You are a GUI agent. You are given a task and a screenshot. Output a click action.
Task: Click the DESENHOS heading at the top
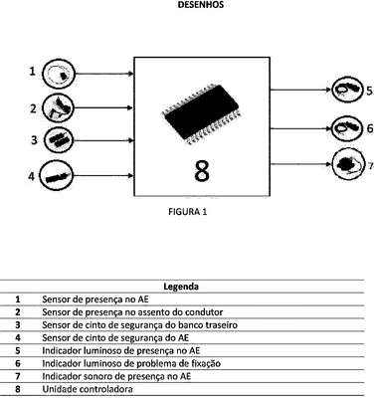[x=201, y=5]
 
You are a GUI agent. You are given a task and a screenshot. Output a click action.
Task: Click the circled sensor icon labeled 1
[x=59, y=74]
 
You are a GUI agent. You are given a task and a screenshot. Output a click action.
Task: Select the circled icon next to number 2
[x=59, y=107]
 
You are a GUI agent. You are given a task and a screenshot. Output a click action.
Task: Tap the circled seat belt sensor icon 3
[x=59, y=140]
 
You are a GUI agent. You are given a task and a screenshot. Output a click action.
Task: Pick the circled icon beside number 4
[x=56, y=176]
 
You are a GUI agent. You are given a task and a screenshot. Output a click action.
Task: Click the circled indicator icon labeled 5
[x=346, y=90]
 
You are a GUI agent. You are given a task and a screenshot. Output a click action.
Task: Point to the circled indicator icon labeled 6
[x=346, y=128]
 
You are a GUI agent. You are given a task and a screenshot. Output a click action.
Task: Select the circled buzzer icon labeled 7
[x=347, y=164]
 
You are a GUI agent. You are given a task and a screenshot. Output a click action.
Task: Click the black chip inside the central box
[x=202, y=114]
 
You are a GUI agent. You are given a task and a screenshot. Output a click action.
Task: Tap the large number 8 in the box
[x=202, y=171]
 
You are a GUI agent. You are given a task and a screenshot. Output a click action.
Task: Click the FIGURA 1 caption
[x=188, y=212]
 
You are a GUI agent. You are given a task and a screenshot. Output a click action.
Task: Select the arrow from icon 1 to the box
[x=104, y=74]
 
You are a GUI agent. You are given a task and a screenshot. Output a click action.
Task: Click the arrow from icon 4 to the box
[x=103, y=176]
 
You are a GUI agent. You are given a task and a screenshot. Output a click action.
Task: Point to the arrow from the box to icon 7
[x=301, y=164]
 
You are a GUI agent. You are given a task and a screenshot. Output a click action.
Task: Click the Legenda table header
[x=181, y=287]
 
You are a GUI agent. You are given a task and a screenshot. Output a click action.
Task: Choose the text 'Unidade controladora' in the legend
[x=88, y=389]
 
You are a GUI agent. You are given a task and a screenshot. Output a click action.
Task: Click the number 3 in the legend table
[x=18, y=325]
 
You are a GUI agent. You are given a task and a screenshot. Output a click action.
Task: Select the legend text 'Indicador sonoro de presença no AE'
[x=116, y=376]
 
